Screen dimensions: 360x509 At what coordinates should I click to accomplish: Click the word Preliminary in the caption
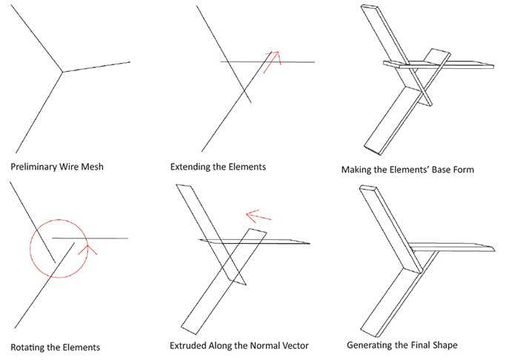click(36, 167)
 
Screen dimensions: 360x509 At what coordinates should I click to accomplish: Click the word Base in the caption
click(436, 170)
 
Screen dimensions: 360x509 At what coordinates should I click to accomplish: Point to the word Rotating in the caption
click(30, 346)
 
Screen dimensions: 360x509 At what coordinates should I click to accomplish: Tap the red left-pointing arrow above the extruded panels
click(258, 216)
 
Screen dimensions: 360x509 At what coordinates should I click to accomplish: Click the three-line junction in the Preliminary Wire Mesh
click(62, 72)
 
